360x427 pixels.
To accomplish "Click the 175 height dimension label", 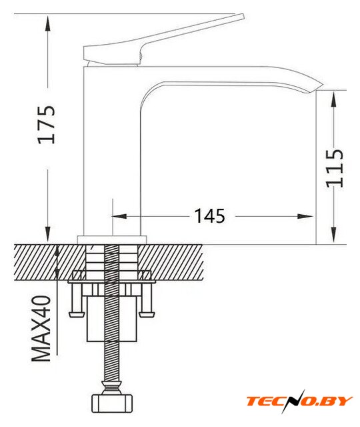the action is coord(46,124).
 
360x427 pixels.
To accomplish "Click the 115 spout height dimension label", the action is coord(335,168).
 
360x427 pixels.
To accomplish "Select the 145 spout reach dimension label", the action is coord(209,216).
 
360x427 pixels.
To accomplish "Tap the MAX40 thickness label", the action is coord(41,328).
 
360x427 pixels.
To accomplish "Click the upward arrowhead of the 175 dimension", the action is coord(48,23).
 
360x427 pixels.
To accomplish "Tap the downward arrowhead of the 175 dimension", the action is coord(48,234).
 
